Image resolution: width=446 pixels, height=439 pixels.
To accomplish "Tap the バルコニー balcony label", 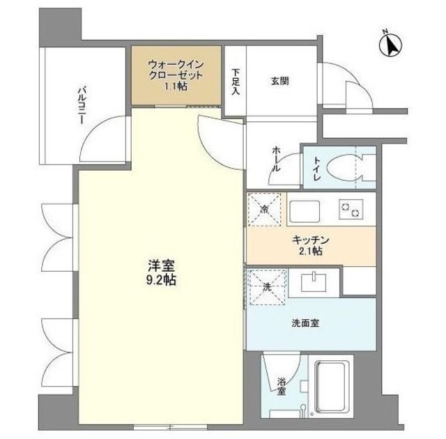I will click(x=81, y=105).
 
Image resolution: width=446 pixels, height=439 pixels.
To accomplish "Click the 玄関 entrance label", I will click(x=279, y=81).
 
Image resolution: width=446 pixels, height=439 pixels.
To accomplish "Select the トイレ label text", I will click(x=316, y=169).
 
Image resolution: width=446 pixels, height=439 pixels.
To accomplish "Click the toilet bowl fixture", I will click(x=345, y=168).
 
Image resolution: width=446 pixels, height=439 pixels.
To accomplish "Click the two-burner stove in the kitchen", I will click(x=349, y=208).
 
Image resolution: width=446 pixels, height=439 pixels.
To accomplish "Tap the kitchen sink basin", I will click(x=304, y=209).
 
